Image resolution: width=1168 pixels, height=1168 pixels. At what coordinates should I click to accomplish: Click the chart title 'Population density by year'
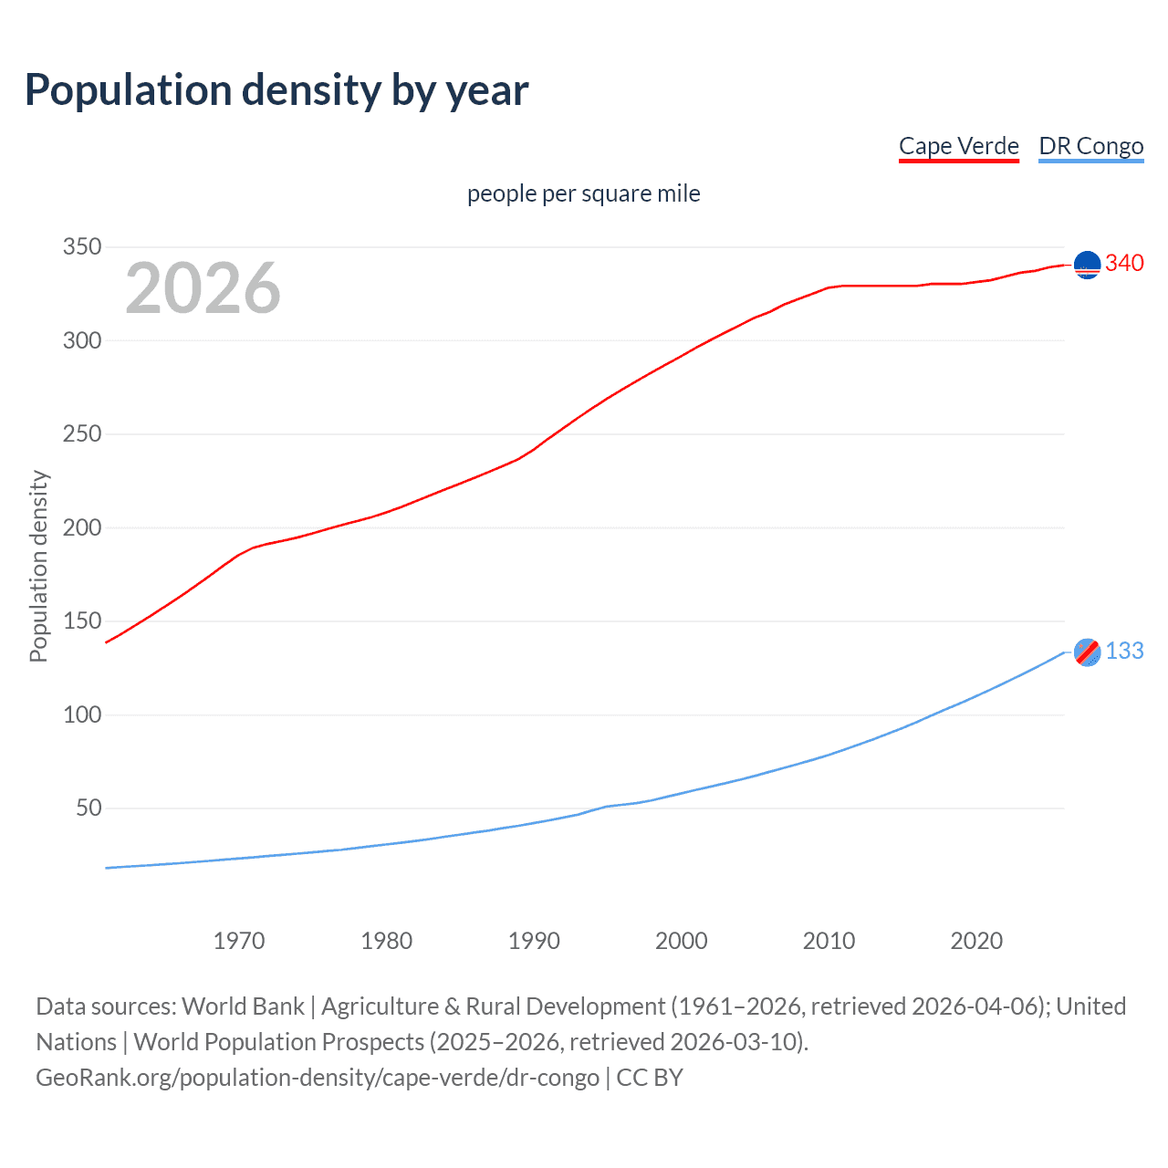coord(276,90)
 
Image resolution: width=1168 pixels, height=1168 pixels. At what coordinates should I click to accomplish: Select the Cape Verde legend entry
coord(958,146)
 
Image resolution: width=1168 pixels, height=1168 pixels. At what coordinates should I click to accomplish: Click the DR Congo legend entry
coord(1090,146)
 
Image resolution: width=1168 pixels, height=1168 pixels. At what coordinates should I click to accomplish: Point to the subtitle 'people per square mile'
coord(583,193)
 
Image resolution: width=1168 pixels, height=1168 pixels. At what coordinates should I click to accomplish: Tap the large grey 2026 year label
coord(203,288)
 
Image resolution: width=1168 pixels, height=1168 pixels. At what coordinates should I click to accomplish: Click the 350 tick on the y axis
coord(81,247)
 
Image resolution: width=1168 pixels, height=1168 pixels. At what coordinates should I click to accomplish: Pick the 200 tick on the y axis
coord(81,527)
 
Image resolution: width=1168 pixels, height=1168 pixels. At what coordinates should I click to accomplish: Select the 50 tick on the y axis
coord(89,808)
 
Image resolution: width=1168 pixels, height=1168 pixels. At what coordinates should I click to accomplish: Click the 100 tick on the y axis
coord(81,714)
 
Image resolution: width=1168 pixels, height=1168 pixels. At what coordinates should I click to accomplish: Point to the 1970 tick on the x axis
coord(239,941)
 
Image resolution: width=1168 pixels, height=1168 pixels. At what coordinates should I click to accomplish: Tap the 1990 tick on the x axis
coord(534,941)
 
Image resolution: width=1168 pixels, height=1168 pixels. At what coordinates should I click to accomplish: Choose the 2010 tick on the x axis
coord(829,941)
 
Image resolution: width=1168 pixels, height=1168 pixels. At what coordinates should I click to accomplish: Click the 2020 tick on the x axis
coord(976,941)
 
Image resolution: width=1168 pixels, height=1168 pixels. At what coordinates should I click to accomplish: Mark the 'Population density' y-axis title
coord(38,566)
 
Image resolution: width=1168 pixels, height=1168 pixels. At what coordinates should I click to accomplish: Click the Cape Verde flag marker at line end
coord(1087,265)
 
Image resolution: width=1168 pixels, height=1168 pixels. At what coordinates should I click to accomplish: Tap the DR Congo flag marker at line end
coord(1087,652)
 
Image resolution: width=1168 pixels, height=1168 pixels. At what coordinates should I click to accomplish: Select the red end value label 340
coord(1124,264)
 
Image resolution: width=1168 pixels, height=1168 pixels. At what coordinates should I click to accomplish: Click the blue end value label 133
coord(1124,651)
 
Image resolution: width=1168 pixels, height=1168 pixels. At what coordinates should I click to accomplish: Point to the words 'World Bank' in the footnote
coord(243,1006)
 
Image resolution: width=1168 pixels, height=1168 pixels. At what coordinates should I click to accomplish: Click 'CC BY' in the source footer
coord(650,1077)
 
